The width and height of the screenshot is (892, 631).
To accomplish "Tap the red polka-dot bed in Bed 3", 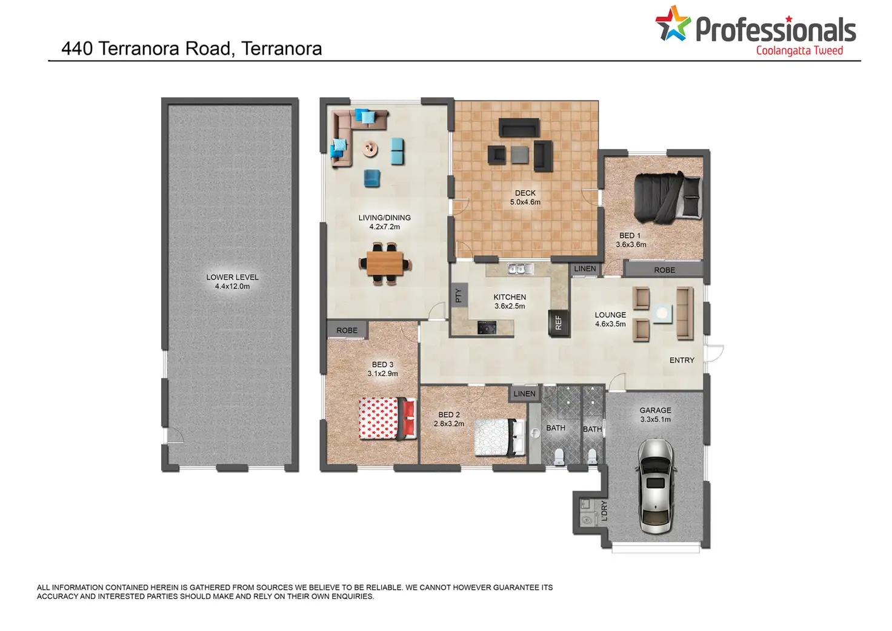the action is pyautogui.click(x=387, y=418).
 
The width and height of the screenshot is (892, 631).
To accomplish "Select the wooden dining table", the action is pyautogui.click(x=385, y=263).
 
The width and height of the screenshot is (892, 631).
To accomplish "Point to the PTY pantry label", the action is pyautogui.click(x=459, y=295).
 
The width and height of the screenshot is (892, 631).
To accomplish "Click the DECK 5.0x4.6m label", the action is pyautogui.click(x=525, y=198).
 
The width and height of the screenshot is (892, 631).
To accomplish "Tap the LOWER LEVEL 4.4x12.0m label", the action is pyautogui.click(x=232, y=282).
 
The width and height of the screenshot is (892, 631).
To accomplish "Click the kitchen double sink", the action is pyautogui.click(x=520, y=270).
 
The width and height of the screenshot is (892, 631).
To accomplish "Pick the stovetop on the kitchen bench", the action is pyautogui.click(x=487, y=327).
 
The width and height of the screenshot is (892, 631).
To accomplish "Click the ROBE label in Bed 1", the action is pyautogui.click(x=665, y=270).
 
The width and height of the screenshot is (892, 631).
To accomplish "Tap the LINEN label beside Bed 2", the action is pyautogui.click(x=524, y=394).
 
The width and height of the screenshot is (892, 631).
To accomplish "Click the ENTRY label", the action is pyautogui.click(x=682, y=360).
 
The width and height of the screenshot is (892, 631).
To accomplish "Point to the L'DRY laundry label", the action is pyautogui.click(x=605, y=511).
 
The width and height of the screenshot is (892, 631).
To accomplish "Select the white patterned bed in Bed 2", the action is pyautogui.click(x=500, y=437).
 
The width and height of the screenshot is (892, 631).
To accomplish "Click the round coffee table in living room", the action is pyautogui.click(x=370, y=149).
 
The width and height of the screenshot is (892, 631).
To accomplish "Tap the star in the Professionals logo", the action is pyautogui.click(x=673, y=23).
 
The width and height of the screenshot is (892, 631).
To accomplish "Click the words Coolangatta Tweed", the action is pyautogui.click(x=800, y=51).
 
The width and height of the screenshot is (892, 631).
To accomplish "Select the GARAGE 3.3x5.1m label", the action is pyautogui.click(x=656, y=415).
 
